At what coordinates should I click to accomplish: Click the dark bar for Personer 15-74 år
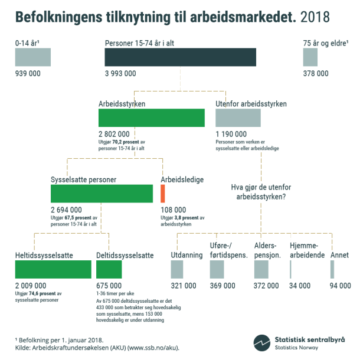180,57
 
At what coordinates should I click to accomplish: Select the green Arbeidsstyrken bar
151,118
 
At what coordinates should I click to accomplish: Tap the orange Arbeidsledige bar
162,194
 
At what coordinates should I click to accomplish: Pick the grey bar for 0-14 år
32,57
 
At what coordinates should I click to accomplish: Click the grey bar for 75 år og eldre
310,57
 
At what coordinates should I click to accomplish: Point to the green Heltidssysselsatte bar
53,269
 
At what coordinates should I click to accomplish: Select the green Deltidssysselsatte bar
109,269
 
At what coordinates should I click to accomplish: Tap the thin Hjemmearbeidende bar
290,269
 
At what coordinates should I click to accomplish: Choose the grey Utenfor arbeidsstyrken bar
237,118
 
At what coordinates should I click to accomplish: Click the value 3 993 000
120,74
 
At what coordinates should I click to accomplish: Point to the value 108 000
173,210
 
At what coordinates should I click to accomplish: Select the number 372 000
267,285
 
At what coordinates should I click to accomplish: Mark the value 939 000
28,74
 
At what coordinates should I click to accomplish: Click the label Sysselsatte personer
83,179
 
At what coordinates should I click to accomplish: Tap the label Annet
339,255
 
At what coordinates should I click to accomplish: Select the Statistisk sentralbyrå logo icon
262,343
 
